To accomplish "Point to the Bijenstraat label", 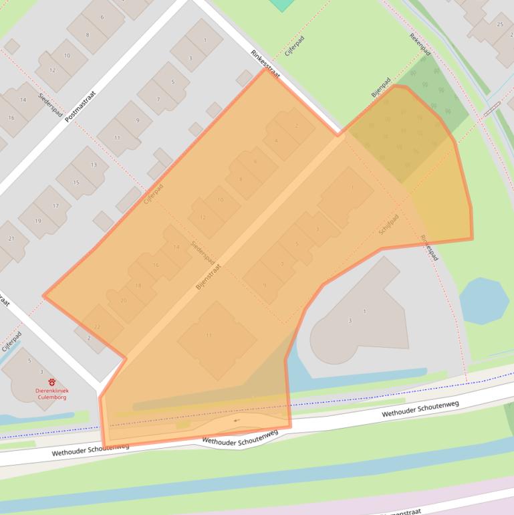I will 209,275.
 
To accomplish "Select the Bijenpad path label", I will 381,88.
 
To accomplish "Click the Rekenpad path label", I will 420,45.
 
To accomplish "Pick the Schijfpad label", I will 388,224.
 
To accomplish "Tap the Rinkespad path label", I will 430,247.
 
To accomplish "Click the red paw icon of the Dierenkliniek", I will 52,382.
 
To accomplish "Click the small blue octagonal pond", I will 484,301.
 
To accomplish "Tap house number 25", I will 500,25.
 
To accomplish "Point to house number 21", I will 11,239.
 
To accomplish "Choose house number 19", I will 37,221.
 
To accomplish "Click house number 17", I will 56,206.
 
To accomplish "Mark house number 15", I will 76,183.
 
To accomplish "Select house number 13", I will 94,165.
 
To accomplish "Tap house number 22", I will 98,326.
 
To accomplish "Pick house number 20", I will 123,300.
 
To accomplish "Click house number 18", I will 138,286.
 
